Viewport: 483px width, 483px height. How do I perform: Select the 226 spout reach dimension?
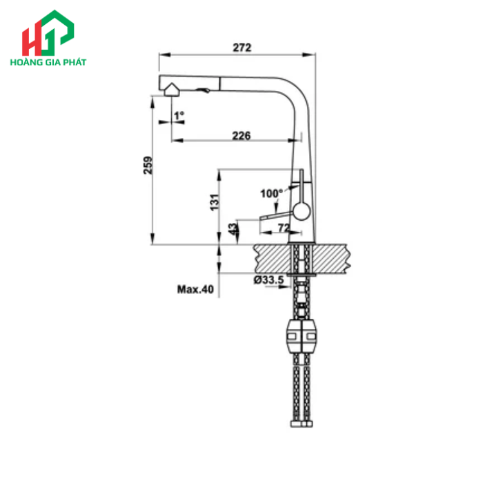241,135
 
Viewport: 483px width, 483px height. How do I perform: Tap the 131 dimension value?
215,202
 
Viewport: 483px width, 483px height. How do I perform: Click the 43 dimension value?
233,228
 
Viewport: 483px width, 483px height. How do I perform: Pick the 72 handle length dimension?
283,228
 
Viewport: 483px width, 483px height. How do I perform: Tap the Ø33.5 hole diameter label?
268,279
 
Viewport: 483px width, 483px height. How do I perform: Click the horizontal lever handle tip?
263,218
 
